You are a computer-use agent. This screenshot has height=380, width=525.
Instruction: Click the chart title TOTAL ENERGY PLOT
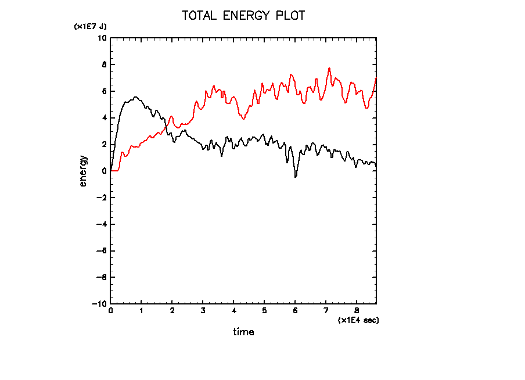[x=243, y=16]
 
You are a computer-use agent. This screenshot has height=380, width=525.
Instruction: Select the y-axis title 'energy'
[x=83, y=170]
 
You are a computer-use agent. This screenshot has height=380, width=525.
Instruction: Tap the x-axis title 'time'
[x=243, y=332]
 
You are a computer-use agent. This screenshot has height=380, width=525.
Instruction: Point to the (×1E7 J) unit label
[x=90, y=27]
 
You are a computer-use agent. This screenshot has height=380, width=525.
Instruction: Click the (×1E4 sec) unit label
[x=358, y=320]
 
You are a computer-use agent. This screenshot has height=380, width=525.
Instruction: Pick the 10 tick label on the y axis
[x=102, y=38]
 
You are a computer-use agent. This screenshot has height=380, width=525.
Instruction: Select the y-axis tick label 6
[x=104, y=91]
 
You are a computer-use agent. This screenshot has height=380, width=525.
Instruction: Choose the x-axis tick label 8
[x=356, y=311]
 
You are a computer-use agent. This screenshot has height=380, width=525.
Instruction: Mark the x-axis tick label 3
[x=203, y=311]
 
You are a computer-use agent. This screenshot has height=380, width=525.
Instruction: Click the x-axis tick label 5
[x=264, y=311]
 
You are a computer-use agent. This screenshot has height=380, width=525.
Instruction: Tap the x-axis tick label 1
[x=141, y=311]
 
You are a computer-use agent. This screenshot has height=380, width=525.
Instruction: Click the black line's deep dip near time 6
[x=296, y=177]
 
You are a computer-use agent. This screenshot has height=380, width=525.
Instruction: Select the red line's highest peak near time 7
[x=329, y=68]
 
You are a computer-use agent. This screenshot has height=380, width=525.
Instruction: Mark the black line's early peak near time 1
[x=136, y=97]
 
